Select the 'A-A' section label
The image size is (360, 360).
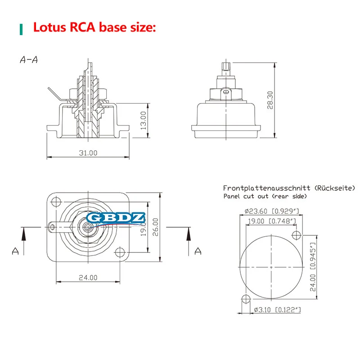point(28,60)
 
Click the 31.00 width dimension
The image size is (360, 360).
point(88,153)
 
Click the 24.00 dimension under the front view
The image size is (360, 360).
point(88,277)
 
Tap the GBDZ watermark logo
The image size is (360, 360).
point(116,218)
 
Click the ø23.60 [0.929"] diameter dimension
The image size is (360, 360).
point(271,211)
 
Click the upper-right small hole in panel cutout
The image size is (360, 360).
point(296,234)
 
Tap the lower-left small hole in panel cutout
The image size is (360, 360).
point(246,298)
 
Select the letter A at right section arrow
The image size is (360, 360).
point(198,251)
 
